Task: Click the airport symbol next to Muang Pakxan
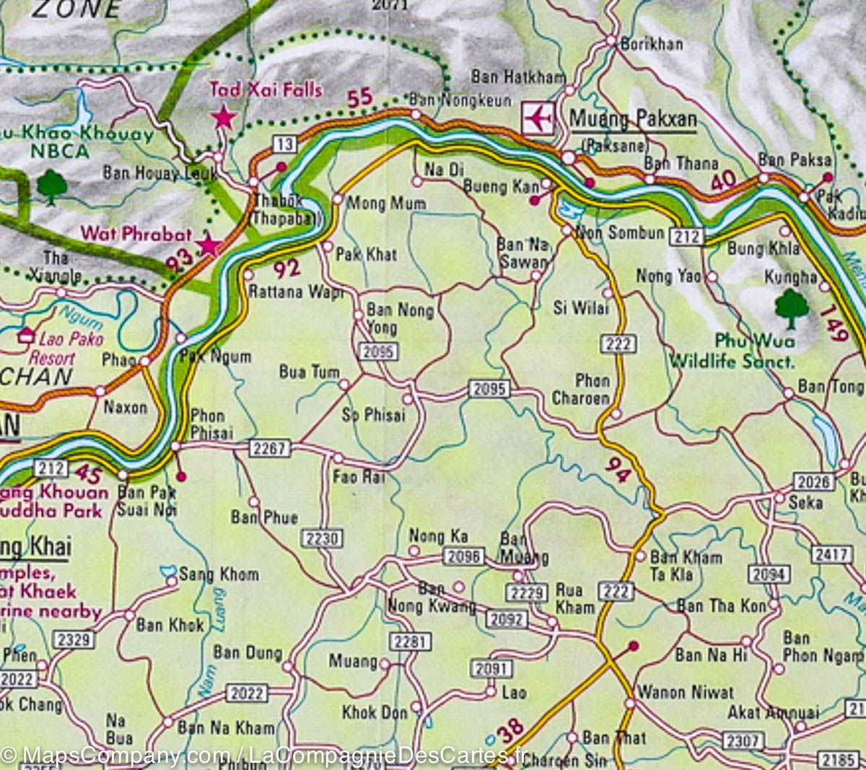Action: pyautogui.click(x=538, y=118)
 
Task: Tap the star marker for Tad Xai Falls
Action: pyautogui.click(x=224, y=117)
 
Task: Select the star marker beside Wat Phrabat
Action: pyautogui.click(x=209, y=245)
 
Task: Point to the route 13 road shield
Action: pyautogui.click(x=284, y=144)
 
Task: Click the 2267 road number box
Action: pyautogui.click(x=270, y=448)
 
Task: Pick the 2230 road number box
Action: pyautogui.click(x=322, y=538)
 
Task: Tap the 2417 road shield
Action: pyautogui.click(x=831, y=554)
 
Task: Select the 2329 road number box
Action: pyautogui.click(x=74, y=639)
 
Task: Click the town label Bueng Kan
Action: pyautogui.click(x=501, y=186)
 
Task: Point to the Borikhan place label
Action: pyautogui.click(x=652, y=44)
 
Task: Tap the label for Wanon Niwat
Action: pyautogui.click(x=686, y=692)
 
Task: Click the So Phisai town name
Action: pyautogui.click(x=374, y=415)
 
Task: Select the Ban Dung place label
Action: pyautogui.click(x=248, y=653)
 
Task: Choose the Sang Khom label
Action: pyautogui.click(x=219, y=574)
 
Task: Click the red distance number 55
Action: pyautogui.click(x=359, y=97)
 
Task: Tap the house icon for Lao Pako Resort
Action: pyautogui.click(x=27, y=335)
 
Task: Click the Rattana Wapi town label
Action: pyautogui.click(x=296, y=292)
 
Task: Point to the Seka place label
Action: pyautogui.click(x=805, y=502)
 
